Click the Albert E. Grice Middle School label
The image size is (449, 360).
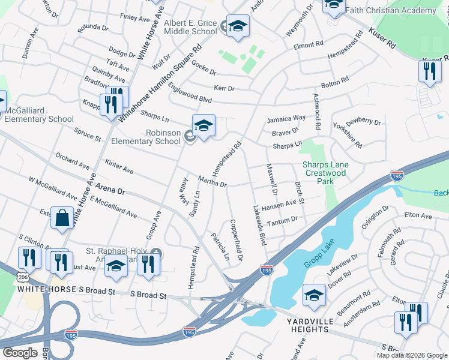click(190, 27)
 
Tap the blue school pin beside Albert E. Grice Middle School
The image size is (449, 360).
click(238, 26)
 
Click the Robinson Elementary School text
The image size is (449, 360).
click(146, 137)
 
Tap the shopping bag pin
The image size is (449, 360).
click(62, 218)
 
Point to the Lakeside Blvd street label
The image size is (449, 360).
click(260, 224)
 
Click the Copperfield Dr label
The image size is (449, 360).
click(236, 239)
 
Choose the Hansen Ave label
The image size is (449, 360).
click(280, 205)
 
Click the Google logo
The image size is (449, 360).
click(20, 353)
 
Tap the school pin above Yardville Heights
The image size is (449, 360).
click(314, 296)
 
